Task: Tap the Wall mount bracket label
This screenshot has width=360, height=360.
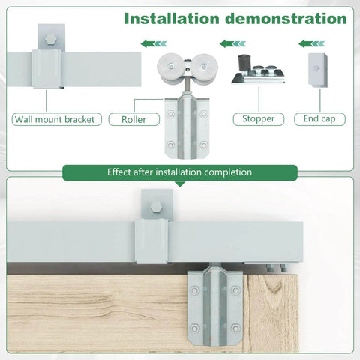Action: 57,118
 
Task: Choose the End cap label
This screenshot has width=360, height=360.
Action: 320,118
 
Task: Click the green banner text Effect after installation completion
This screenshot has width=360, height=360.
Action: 179,172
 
